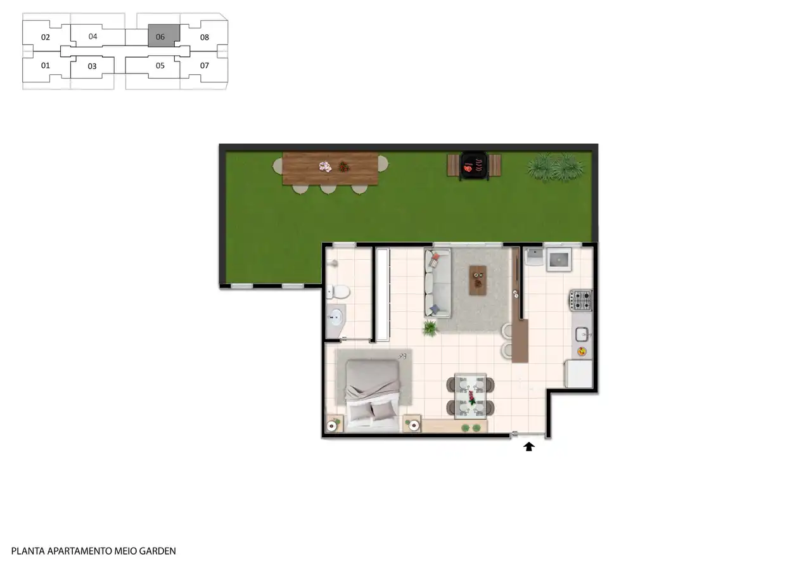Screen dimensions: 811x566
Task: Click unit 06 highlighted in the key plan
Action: click(x=163, y=35)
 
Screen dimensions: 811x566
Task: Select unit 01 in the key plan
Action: click(x=45, y=66)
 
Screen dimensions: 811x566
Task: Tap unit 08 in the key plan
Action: click(x=205, y=37)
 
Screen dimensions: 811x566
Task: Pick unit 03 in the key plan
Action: click(x=92, y=67)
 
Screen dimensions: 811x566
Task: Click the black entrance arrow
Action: click(x=528, y=446)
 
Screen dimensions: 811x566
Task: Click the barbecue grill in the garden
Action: click(x=474, y=165)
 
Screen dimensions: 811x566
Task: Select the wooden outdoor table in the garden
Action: click(x=330, y=169)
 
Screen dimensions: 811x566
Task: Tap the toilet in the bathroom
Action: click(x=338, y=292)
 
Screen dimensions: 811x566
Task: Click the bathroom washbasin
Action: click(x=335, y=318)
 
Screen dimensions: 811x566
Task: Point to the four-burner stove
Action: click(x=581, y=300)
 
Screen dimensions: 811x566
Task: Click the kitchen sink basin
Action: click(x=582, y=334)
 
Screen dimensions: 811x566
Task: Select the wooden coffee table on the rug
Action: click(x=478, y=280)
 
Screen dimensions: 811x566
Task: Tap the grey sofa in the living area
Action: click(x=438, y=283)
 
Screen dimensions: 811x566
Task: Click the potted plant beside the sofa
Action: click(x=430, y=328)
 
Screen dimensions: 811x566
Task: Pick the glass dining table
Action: click(x=471, y=396)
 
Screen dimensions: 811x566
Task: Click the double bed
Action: click(x=373, y=396)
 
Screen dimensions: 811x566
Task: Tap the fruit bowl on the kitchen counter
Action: click(x=582, y=351)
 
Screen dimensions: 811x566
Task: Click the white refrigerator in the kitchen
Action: click(x=579, y=374)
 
